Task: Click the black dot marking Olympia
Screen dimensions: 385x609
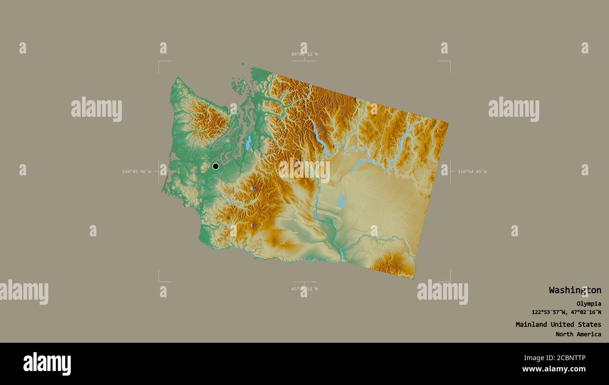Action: tap(215, 166)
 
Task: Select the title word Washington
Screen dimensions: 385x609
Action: tap(575, 290)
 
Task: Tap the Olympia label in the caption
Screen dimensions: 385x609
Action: tap(589, 304)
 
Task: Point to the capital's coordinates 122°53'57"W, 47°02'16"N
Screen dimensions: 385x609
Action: tap(566, 312)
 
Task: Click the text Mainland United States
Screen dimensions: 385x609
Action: tap(558, 325)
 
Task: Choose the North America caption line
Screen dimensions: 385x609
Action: tap(578, 334)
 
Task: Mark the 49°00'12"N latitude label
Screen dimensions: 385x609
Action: tap(304, 54)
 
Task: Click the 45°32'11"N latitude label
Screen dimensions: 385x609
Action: tap(304, 289)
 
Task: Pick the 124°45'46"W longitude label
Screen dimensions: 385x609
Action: tap(136, 172)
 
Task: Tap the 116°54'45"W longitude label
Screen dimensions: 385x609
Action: tap(472, 172)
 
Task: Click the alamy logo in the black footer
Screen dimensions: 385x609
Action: tap(47, 364)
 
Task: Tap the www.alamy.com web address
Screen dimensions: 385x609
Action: tap(554, 369)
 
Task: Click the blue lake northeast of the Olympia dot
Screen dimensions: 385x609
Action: tap(248, 143)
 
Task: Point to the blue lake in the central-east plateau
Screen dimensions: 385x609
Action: tap(341, 202)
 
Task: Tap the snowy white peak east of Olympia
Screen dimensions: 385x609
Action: tap(253, 189)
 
